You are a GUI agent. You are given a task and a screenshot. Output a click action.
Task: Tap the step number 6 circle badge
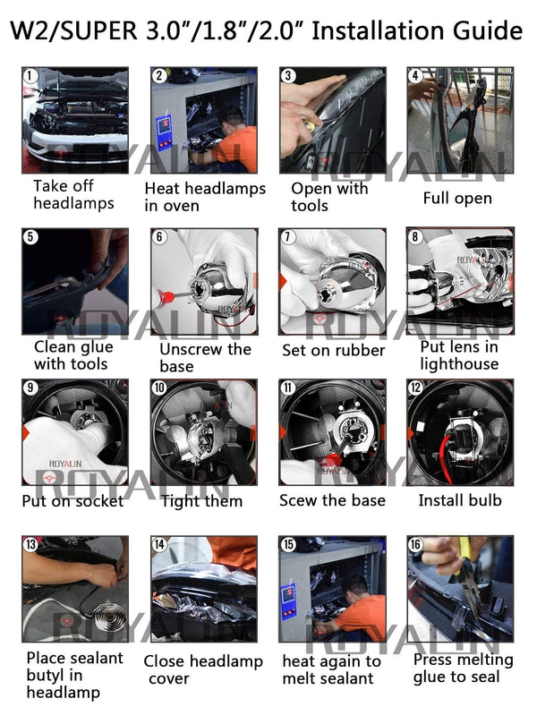(159, 238)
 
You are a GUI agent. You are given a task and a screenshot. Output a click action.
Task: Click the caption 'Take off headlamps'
(73, 194)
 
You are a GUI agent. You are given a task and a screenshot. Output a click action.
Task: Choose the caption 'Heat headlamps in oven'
(205, 197)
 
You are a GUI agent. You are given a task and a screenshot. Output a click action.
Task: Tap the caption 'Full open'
(457, 198)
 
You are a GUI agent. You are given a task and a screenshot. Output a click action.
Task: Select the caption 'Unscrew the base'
(205, 356)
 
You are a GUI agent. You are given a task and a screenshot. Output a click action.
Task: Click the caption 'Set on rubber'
(333, 351)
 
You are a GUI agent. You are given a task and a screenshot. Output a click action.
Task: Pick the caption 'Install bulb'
(460, 500)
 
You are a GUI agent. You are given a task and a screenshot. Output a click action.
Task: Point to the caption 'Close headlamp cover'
(203, 669)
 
